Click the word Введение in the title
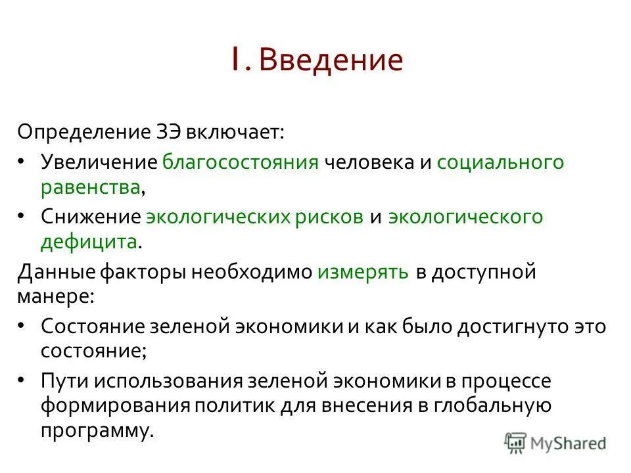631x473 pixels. (330, 60)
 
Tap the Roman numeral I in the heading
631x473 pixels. (235, 60)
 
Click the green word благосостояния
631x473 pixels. (241, 162)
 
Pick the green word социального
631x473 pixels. (500, 162)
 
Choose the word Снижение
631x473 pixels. (90, 217)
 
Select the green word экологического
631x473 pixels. (465, 217)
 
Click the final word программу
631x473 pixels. (97, 431)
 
